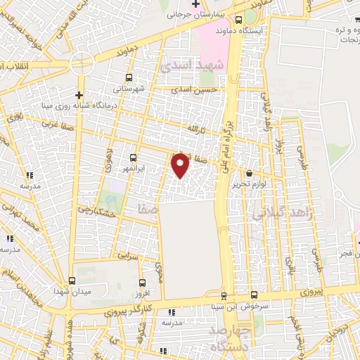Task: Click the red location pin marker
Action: (181, 165)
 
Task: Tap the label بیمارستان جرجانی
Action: (204, 14)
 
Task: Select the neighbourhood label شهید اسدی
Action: (186, 64)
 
